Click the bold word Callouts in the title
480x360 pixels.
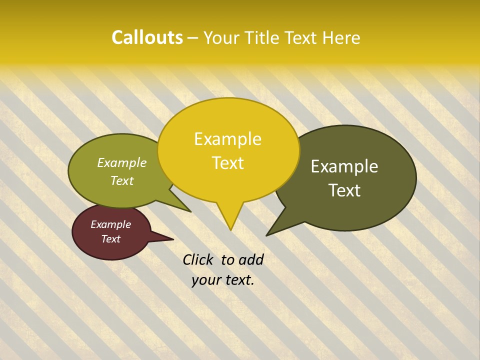click(147, 37)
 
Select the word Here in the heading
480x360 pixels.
click(341, 38)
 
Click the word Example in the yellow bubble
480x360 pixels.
click(227, 139)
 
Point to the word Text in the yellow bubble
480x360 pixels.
click(228, 163)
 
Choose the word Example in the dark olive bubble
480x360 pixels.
click(344, 166)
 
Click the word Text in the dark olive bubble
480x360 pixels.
click(344, 190)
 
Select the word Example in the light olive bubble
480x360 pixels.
click(122, 163)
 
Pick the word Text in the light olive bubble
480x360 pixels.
click(122, 180)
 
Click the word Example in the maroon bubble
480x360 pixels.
click(110, 224)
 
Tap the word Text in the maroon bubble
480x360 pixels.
click(110, 239)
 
